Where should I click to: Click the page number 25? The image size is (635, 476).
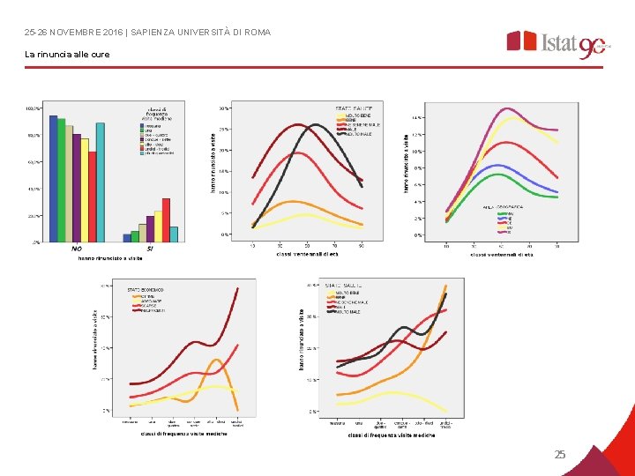(x=560, y=455)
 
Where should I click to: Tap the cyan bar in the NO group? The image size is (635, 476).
(x=101, y=182)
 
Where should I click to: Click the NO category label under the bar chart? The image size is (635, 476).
(x=77, y=249)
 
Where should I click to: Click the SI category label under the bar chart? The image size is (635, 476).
(x=150, y=249)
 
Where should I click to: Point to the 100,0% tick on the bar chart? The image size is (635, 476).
(x=34, y=108)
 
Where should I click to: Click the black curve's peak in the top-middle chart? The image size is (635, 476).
(x=314, y=125)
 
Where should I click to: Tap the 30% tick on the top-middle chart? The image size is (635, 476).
(x=225, y=108)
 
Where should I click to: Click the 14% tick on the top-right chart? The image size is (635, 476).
(x=417, y=116)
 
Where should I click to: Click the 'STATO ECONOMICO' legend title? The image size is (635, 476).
(x=146, y=289)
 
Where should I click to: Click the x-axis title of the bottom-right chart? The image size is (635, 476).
(x=391, y=435)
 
